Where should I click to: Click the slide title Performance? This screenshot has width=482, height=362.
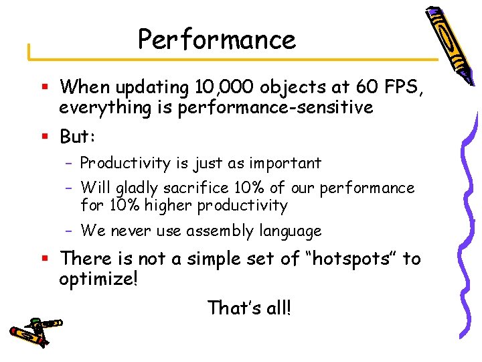click(216, 40)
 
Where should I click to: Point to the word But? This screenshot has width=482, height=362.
click(78, 137)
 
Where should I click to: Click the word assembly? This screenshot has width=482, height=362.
click(226, 231)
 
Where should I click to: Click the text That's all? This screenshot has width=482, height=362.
click(250, 308)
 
